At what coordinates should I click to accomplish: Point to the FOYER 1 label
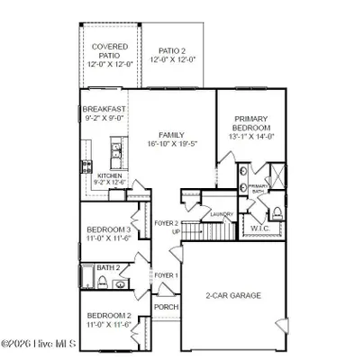pyautogui.click(x=166, y=274)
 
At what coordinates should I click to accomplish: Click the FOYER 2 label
pyautogui.click(x=165, y=223)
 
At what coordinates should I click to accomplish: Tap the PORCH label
pyautogui.click(x=166, y=307)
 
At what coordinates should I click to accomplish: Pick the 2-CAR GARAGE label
pyautogui.click(x=232, y=295)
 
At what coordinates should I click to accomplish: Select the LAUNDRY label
pyautogui.click(x=222, y=214)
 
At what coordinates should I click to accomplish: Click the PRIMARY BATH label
pyautogui.click(x=259, y=188)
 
